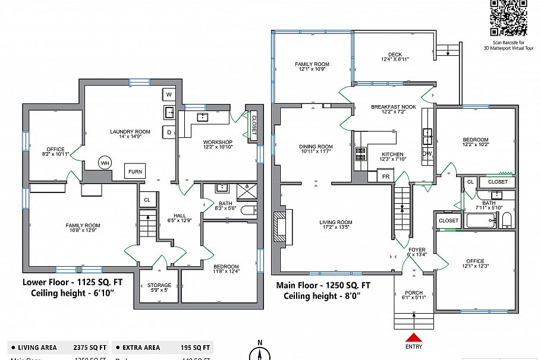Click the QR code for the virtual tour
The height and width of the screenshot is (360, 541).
coord(508,18)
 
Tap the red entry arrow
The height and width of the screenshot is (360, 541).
coord(414,337)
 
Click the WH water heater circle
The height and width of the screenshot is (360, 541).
coord(105,162)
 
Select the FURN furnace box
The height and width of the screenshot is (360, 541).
coord(134,171)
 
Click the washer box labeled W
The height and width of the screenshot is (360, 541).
coord(168,94)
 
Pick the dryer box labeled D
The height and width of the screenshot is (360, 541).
coord(168,132)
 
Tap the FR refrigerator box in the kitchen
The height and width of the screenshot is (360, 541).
coord(385,176)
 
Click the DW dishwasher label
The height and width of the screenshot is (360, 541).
coord(426,153)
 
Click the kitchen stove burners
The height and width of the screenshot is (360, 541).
coord(360,154)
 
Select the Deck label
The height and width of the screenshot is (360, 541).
coord(394,56)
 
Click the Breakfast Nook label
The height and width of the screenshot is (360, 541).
coord(393,109)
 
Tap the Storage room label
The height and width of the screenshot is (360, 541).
coord(159,288)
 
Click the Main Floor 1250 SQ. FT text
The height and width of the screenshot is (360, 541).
coord(323,285)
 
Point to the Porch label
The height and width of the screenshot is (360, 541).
coord(414,295)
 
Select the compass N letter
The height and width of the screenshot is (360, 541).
coord(260,343)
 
